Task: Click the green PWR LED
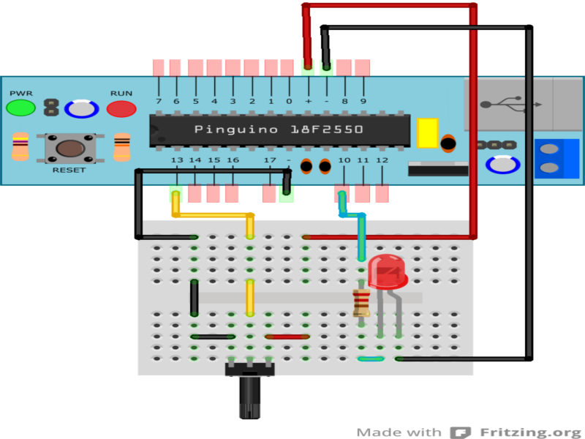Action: (20, 108)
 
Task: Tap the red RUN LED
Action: (121, 109)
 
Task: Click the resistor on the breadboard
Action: (361, 301)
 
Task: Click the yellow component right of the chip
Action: (426, 133)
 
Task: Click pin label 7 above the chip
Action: (159, 101)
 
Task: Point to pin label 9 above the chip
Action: (363, 101)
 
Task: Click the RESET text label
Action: (69, 170)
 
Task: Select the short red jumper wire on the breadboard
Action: (287, 337)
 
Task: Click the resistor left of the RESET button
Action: (20, 147)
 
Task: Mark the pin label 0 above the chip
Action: (289, 101)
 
